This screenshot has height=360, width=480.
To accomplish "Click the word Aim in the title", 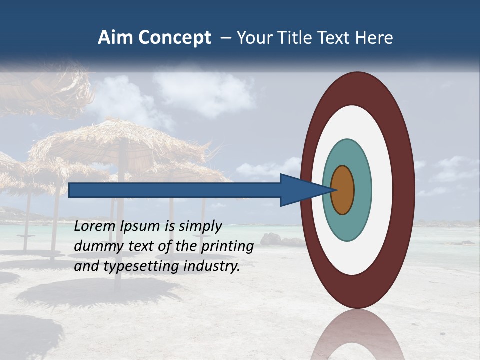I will (x=115, y=38).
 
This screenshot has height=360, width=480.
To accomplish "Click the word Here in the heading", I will (x=374, y=38).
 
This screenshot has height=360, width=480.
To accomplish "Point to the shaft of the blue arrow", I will (x=175, y=190).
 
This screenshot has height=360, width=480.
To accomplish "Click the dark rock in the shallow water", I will (x=280, y=240).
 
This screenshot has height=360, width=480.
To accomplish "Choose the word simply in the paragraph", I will (x=200, y=226).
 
